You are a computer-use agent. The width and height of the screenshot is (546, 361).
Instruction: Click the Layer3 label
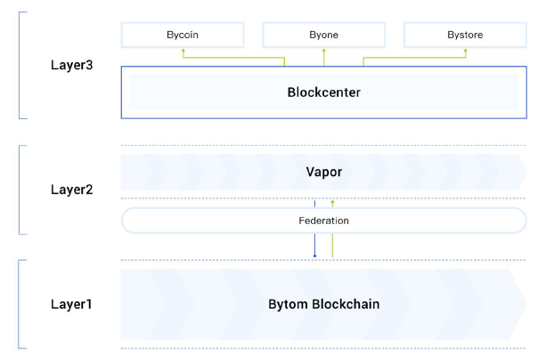(71, 66)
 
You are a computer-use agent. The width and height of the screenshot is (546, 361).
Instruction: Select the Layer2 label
(71, 189)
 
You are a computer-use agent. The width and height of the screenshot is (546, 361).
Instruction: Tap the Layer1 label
(71, 304)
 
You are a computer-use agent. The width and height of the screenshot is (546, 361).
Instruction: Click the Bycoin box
(183, 36)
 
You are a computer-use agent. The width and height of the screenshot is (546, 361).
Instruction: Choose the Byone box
(323, 36)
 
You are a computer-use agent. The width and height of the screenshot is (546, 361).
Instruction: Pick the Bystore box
(464, 36)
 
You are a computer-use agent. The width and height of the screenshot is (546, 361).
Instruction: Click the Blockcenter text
(323, 92)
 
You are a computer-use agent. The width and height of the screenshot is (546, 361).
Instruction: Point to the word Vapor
(323, 171)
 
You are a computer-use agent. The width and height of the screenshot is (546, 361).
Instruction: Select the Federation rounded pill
(323, 220)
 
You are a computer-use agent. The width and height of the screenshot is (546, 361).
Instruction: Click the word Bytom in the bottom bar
(289, 304)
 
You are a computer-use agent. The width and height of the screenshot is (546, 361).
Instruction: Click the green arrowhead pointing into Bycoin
(183, 52)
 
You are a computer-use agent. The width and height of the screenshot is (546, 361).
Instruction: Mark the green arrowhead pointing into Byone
(323, 52)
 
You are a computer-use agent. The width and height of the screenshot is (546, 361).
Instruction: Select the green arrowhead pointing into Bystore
(464, 52)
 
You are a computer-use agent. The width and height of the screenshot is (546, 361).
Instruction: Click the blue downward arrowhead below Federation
(314, 256)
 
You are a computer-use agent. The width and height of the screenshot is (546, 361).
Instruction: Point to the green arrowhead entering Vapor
(332, 203)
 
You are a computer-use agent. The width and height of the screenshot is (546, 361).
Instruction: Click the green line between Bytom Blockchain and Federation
(332, 245)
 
